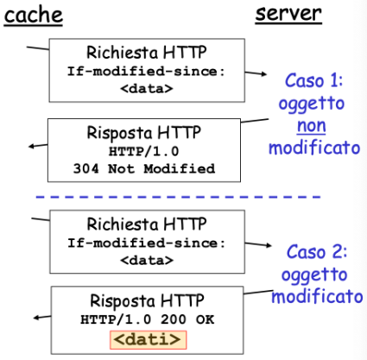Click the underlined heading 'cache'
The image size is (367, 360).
click(34, 16)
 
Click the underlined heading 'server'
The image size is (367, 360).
click(288, 14)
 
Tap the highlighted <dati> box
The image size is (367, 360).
click(149, 340)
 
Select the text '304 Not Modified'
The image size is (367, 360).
click(144, 168)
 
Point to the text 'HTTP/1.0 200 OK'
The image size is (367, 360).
click(147, 319)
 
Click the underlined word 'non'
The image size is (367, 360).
click(312, 126)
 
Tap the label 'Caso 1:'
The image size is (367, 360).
click(314, 80)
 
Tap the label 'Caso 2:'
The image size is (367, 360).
click(317, 252)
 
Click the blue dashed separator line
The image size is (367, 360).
click(178, 197)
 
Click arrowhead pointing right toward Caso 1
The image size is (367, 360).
click(264, 74)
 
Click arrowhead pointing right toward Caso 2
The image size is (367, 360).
click(269, 245)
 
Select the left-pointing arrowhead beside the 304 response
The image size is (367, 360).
click(31, 146)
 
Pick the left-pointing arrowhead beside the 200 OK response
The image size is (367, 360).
click(36, 318)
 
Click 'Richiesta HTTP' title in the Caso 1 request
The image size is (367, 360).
click(147, 53)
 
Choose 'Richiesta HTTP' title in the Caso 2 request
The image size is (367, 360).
click(147, 224)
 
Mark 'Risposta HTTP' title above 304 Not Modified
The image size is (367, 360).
click(144, 133)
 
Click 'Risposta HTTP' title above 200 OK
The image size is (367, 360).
click(147, 301)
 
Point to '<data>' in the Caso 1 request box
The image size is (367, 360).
click(147, 88)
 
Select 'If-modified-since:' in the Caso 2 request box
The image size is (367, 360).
click(146, 243)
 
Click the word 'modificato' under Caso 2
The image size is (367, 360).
click(317, 296)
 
